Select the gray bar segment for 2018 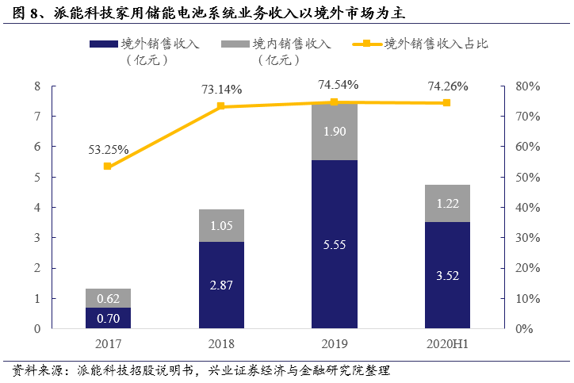[220, 225]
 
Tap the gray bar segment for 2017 [108, 298]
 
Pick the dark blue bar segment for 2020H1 [446, 275]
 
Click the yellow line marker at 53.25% [108, 167]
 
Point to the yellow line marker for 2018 [220, 106]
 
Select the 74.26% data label [448, 86]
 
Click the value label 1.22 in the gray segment [446, 204]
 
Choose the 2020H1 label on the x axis [448, 345]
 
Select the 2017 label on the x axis [108, 345]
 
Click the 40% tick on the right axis [528, 208]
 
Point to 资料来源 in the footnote [29, 370]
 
